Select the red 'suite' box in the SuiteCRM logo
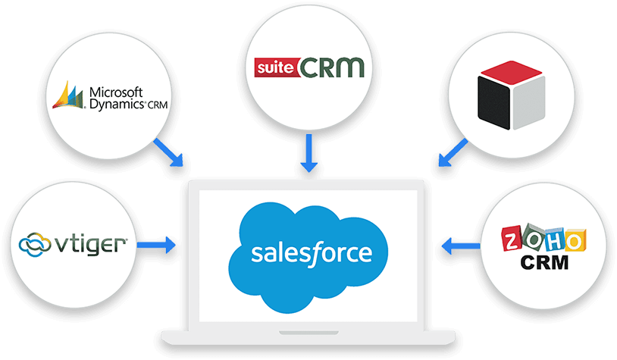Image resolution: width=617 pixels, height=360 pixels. coord(275,67)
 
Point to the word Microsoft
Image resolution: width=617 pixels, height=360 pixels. coord(115,92)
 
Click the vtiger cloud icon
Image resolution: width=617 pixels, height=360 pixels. coord(34,245)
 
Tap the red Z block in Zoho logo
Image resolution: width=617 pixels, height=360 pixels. coord(514,241)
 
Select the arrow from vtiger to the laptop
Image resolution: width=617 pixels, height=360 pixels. coord(160,245)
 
